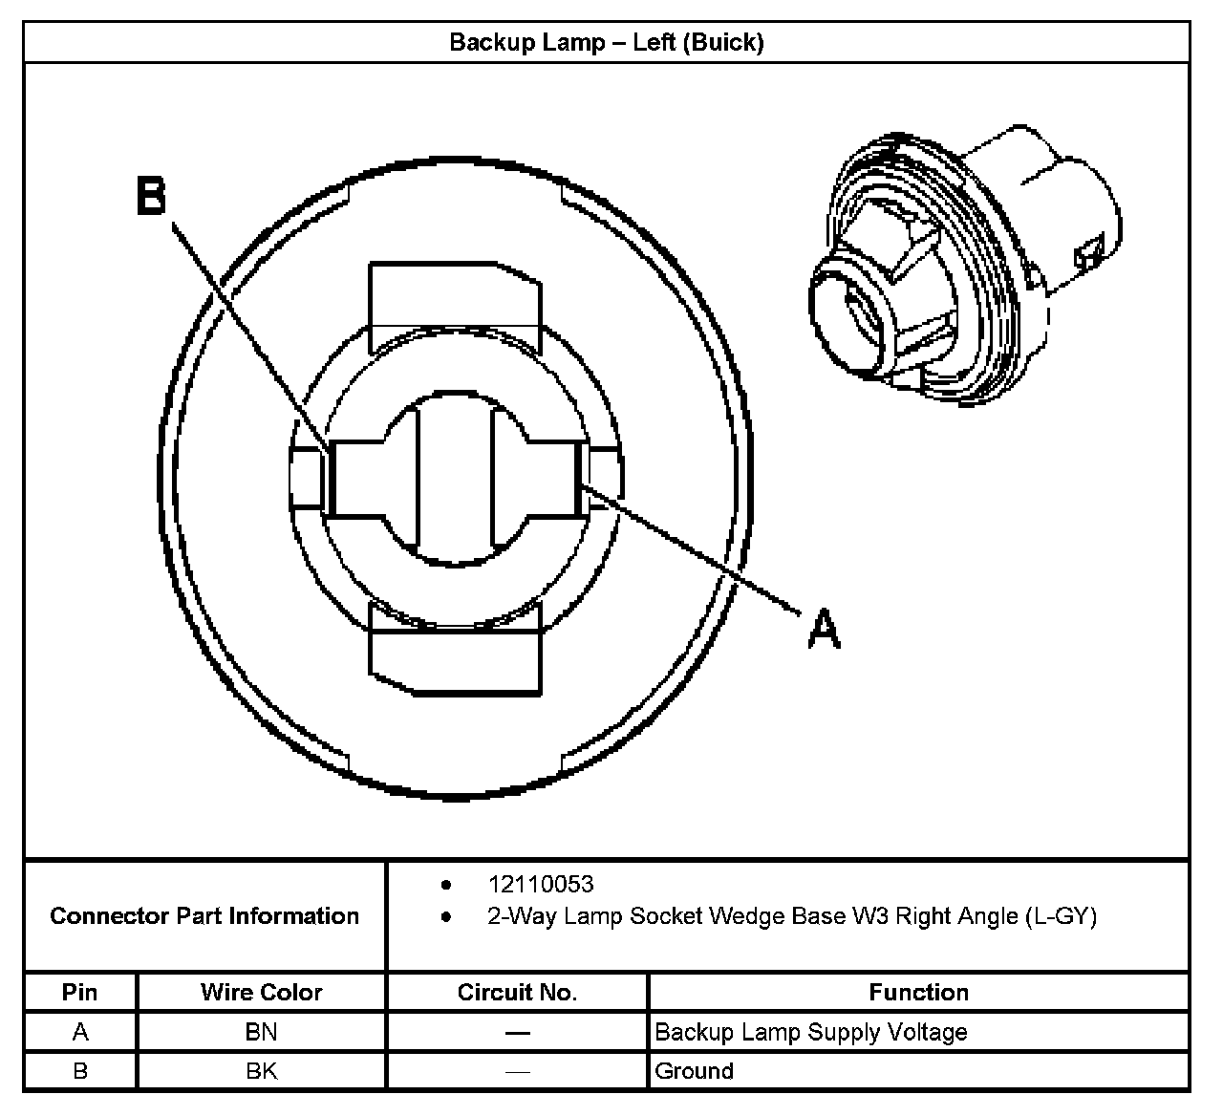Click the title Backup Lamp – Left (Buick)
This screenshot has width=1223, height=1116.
point(606,43)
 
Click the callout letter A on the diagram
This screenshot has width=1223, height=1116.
point(824,630)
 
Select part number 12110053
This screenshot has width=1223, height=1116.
point(540,884)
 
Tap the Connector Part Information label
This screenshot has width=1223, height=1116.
point(204,916)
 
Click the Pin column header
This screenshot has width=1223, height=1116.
point(79,992)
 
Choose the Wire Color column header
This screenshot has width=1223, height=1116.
point(261,992)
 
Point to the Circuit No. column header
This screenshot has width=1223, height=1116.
point(517,992)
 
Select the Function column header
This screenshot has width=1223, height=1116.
point(918,992)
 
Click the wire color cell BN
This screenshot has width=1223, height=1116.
point(261,1032)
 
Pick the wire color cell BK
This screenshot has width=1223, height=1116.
point(261,1071)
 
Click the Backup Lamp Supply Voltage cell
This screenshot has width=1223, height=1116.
point(810,1032)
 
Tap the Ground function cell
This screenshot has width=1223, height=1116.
point(694,1071)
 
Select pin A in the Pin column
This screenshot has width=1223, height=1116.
point(79,1032)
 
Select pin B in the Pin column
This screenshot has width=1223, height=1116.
point(79,1071)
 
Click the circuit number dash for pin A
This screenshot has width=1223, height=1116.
point(517,1032)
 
